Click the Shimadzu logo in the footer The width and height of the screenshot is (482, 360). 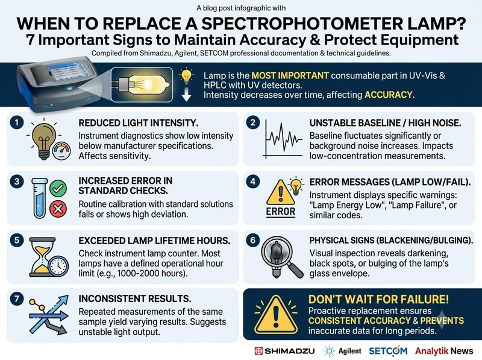click(284, 351)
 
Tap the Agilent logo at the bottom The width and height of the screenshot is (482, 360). click(342, 351)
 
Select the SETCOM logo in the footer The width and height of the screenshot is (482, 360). click(388, 351)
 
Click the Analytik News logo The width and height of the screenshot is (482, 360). click(444, 351)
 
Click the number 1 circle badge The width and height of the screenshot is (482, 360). click(17, 123)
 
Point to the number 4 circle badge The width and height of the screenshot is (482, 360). click(252, 182)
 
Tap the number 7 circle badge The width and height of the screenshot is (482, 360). click(17, 298)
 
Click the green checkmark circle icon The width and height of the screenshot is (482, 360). click(58, 188)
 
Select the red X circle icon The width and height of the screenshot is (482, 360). click(58, 209)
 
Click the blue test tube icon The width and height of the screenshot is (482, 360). click(40, 198)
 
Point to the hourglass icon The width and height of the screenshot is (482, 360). click(43, 257)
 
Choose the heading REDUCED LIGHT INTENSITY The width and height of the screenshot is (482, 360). click(139, 123)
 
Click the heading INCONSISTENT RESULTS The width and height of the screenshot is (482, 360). click(134, 298)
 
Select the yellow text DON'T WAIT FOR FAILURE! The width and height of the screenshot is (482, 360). click(378, 299)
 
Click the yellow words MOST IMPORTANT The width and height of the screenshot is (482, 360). click(290, 76)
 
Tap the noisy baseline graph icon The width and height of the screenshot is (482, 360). click(283, 139)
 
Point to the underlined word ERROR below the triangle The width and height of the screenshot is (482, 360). click(281, 212)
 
